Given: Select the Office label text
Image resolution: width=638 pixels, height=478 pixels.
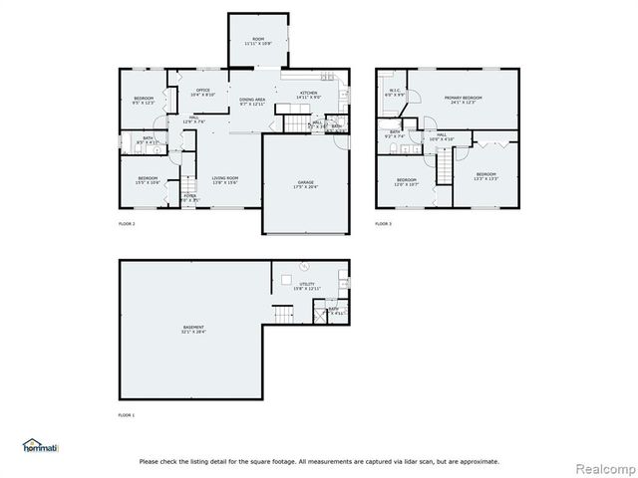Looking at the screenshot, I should click(x=202, y=92).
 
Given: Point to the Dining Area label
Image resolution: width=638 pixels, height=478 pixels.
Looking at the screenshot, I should click(x=252, y=102).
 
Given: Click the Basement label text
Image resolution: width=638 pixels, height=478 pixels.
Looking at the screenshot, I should click(x=193, y=329).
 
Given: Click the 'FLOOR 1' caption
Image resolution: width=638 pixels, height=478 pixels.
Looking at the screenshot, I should click(x=126, y=413).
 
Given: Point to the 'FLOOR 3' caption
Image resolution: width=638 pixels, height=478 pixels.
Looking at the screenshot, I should click(x=384, y=224).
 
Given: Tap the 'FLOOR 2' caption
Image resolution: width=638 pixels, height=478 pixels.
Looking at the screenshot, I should click(x=126, y=224).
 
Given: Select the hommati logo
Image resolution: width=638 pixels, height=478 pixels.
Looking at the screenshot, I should click(x=40, y=445).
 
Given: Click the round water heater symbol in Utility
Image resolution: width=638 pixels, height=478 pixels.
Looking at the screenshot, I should click(x=306, y=266).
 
